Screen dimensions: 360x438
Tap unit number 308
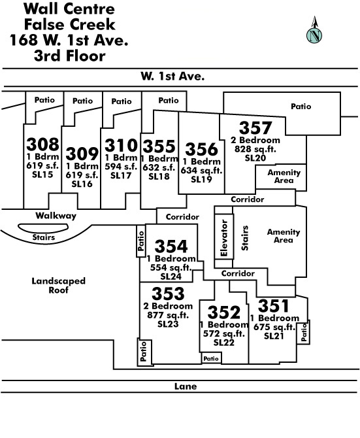coord(42,144)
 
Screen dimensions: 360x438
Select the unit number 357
coord(255,127)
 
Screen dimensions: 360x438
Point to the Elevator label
coord(224,238)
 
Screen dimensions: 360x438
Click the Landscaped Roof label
coord(58,285)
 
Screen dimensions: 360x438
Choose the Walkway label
coord(56,216)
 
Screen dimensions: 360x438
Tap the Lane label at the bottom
coord(186,386)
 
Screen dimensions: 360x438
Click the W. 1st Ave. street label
coord(172,76)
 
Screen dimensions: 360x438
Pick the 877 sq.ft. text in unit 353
coord(168,315)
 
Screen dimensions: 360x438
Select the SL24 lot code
coord(171,277)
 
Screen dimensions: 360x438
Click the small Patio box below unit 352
coord(211,358)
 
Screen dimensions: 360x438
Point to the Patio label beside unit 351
coord(304,332)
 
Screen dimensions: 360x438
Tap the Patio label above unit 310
coord(122,101)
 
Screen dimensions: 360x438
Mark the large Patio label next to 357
coord(301,106)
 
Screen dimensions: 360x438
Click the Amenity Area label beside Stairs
coord(284,236)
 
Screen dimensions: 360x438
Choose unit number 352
coord(224,312)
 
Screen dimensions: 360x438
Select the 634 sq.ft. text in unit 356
coord(201,171)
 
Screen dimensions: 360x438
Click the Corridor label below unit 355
coord(182,217)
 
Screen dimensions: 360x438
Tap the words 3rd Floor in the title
coord(70,56)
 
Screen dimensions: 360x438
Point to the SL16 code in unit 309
coord(82,184)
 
